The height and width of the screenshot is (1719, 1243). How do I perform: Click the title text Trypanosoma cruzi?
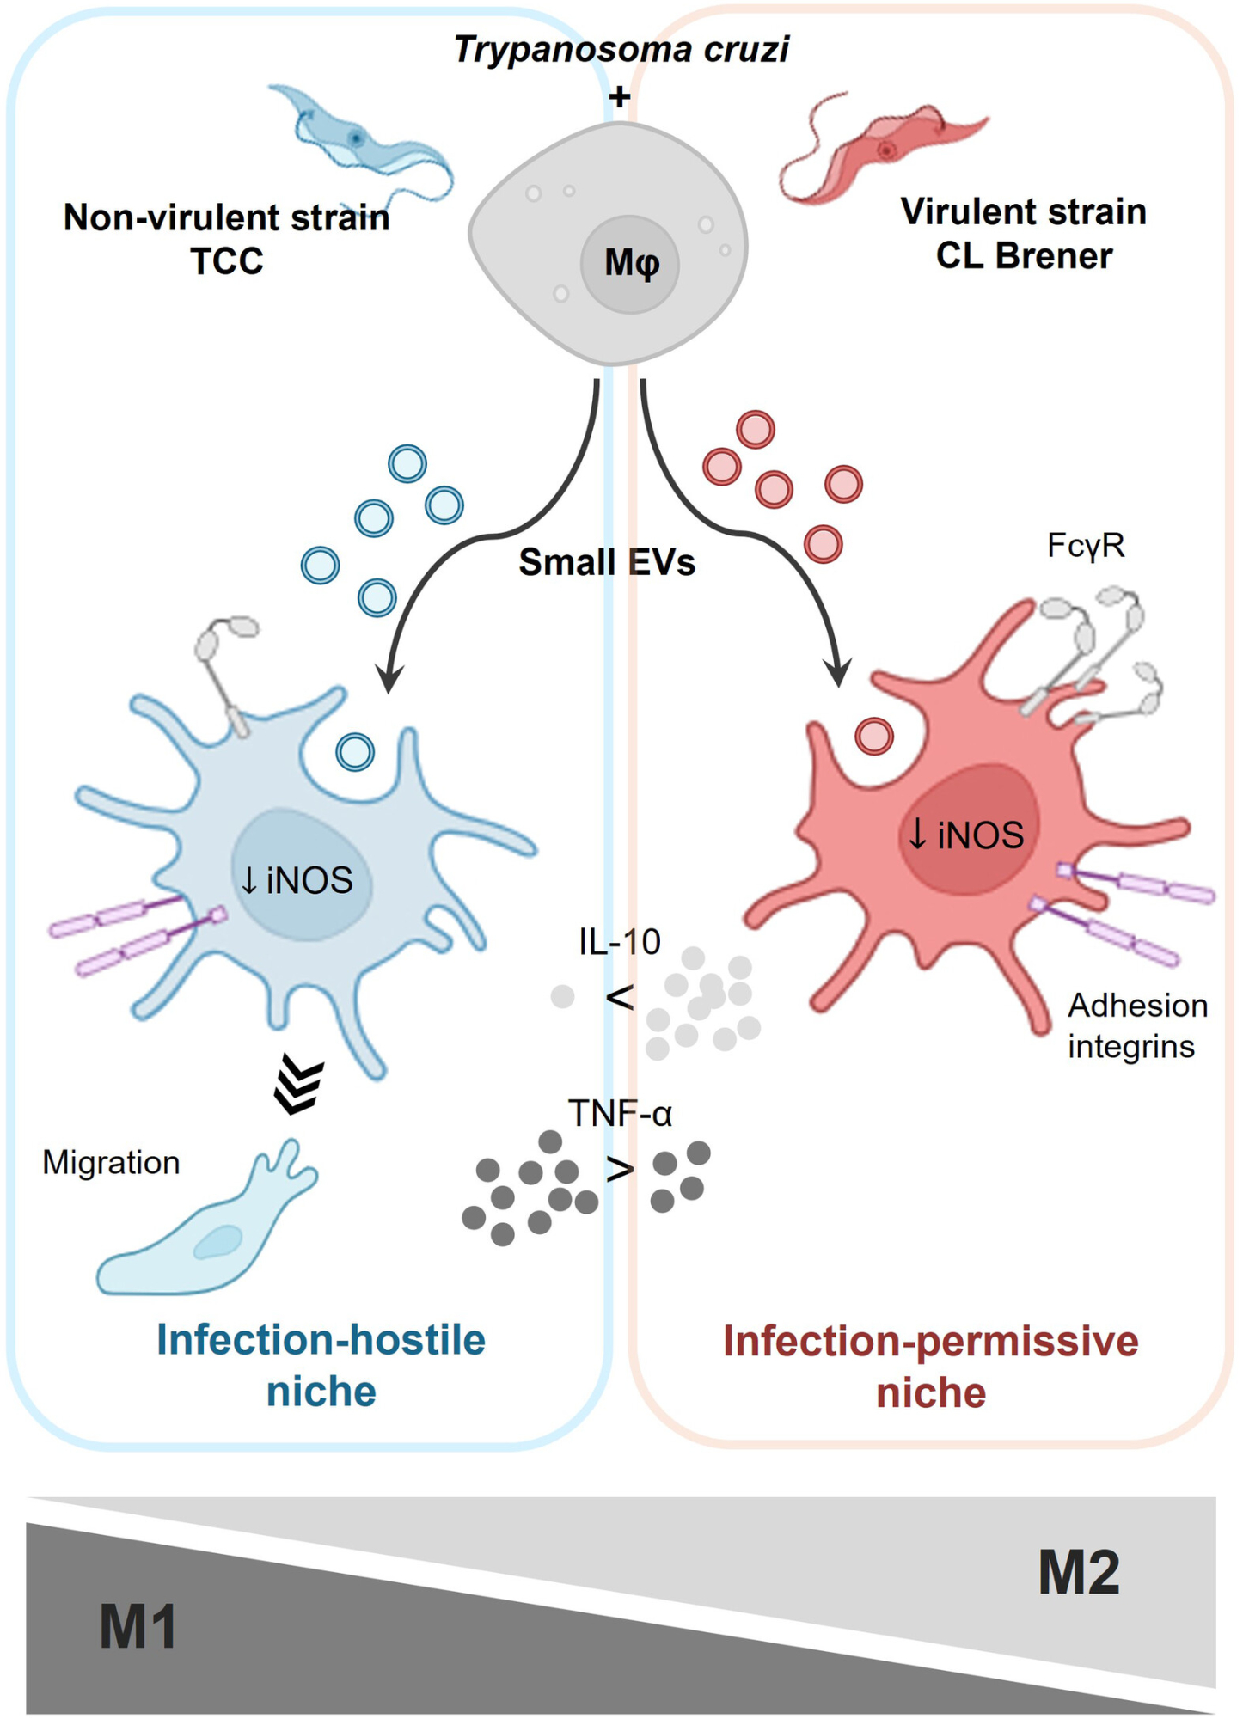pos(621,49)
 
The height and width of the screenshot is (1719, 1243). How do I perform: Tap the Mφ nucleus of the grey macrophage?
pos(630,264)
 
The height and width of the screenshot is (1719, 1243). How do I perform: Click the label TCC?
pos(227,260)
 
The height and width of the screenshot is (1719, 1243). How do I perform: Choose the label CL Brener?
pos(1024,255)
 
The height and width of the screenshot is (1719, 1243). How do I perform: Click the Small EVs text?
pos(607,562)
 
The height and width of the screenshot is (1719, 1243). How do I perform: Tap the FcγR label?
pos(1086,545)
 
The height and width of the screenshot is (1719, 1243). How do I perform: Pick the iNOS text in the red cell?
pos(967,835)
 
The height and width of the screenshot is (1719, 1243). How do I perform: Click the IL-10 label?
pos(619,942)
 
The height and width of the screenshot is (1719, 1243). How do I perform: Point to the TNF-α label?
pos(620,1113)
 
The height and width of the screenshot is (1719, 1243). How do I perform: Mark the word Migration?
pos(111,1162)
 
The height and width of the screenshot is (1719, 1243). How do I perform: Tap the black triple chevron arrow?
pos(298,1086)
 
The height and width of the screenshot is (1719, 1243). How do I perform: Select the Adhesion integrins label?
pos(1136,1025)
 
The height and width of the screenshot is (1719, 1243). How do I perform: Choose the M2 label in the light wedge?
pos(1079,1572)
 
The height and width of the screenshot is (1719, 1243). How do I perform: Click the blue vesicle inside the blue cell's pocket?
pos(355,752)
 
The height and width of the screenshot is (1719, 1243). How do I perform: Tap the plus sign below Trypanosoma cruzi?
pos(619,96)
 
